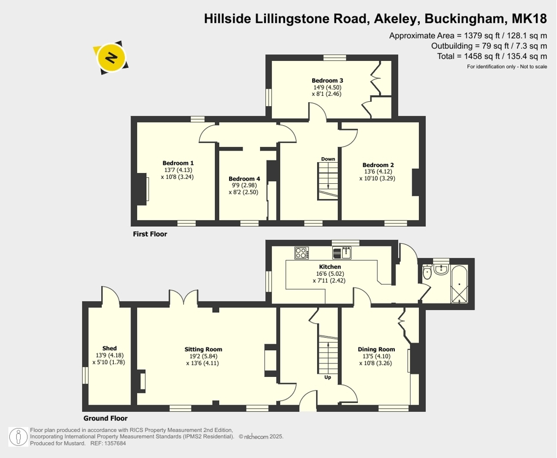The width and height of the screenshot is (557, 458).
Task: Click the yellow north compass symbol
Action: click(111, 57)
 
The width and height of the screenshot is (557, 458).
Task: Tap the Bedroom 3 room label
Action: click(327, 81)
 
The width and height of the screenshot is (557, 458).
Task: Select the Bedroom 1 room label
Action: click(178, 163)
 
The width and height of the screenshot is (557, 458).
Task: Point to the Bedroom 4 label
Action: click(244, 179)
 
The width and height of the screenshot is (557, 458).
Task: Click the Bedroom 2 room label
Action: click(378, 165)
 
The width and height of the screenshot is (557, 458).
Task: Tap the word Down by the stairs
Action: click(328, 159)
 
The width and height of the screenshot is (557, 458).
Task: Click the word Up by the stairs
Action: click(327, 377)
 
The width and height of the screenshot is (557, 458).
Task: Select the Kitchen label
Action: click(330, 267)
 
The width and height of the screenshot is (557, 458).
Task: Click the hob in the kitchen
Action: click(301, 253)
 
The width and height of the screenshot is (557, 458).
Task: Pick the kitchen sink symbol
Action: click(342, 253)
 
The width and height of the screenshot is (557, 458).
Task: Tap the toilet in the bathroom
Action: click(427, 272)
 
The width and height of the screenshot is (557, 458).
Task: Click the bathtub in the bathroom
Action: click(459, 284)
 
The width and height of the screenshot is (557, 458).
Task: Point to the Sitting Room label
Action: click(203, 349)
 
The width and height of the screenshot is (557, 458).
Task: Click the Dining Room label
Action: click(376, 349)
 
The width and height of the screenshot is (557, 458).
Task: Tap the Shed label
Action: click(109, 348)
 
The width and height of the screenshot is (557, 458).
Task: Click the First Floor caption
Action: click(150, 234)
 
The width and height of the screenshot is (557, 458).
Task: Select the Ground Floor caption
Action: click(106, 418)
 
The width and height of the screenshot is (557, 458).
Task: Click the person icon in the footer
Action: click(18, 437)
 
